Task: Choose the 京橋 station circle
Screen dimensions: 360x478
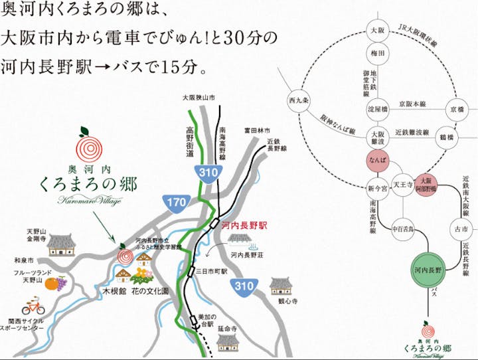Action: point(457,108)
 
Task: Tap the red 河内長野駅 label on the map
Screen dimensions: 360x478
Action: point(244,226)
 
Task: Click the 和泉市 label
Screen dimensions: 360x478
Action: point(23,260)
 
